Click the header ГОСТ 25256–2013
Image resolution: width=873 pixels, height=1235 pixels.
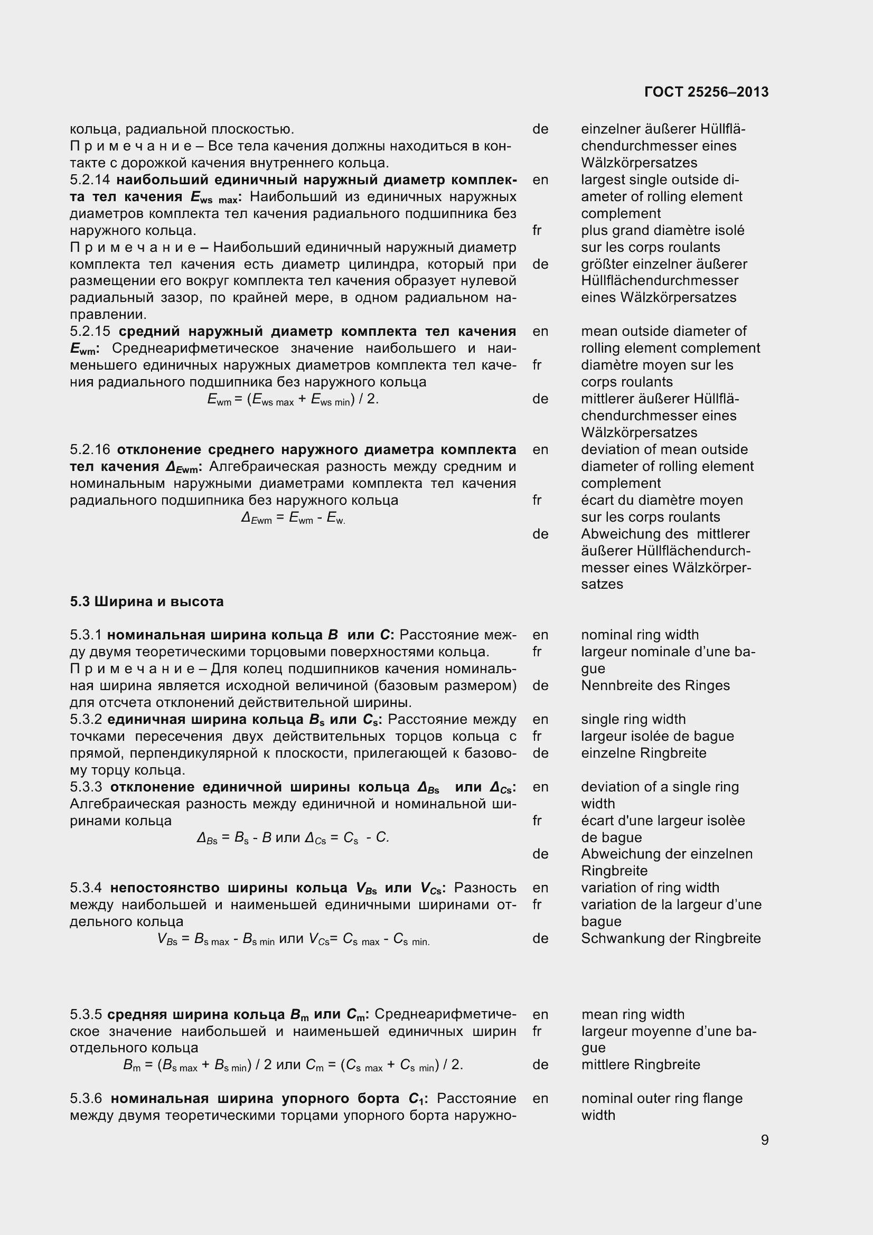(x=706, y=92)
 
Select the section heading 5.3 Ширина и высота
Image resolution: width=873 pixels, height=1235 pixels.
(x=146, y=601)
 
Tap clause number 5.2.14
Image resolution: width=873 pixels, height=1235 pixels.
(x=90, y=180)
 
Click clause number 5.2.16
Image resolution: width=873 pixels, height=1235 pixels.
(x=90, y=450)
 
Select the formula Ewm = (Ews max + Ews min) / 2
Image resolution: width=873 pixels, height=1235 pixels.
(x=293, y=400)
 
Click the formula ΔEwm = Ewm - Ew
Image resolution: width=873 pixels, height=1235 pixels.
(x=293, y=518)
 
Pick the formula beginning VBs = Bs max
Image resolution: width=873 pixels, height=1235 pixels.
(x=293, y=939)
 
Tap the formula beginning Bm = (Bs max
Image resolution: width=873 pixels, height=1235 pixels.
(x=293, y=1065)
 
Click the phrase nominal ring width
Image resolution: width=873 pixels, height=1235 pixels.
(x=640, y=635)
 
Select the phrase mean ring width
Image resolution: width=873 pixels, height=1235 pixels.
(x=633, y=1014)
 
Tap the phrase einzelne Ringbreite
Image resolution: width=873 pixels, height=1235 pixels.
(x=643, y=753)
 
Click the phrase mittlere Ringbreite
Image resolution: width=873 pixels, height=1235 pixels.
(x=640, y=1064)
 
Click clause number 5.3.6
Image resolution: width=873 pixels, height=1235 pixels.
(x=86, y=1098)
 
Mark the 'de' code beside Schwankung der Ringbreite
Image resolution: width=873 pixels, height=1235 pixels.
(x=540, y=939)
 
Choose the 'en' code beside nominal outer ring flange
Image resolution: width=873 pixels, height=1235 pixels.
(x=540, y=1098)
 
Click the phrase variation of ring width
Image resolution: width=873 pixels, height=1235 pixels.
(x=650, y=888)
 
